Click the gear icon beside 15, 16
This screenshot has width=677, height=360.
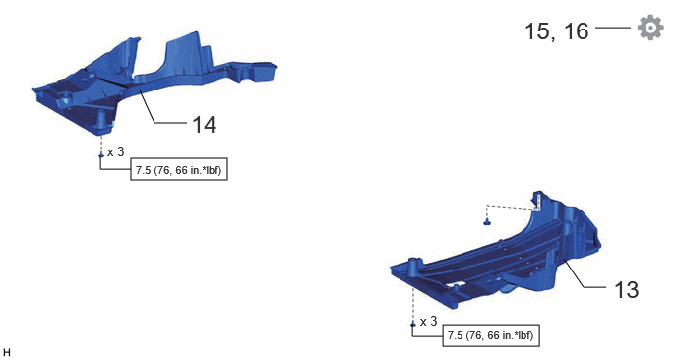[x=650, y=28]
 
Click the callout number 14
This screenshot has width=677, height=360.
[x=204, y=125]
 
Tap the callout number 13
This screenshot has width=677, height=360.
[x=626, y=290]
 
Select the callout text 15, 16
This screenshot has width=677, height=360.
[x=557, y=31]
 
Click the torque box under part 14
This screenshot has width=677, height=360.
[x=179, y=169]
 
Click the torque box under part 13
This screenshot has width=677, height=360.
[x=491, y=335]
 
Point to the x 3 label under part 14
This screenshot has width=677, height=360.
[x=116, y=151]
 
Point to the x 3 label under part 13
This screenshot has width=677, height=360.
[x=428, y=322]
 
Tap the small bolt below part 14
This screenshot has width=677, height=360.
[x=101, y=154]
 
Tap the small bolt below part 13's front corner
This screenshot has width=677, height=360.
[x=413, y=324]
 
